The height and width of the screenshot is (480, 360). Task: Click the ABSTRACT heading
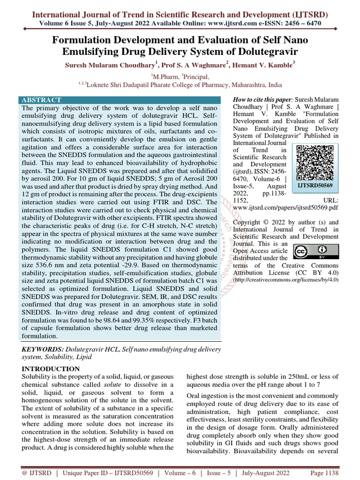pos(41,100)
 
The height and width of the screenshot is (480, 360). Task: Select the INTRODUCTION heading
pos(51,369)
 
